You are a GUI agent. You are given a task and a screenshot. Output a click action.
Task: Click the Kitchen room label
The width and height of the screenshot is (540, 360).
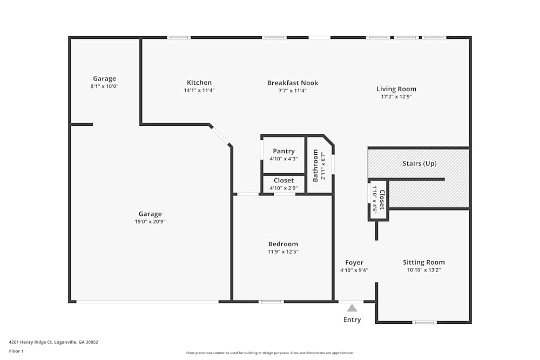click(199, 83)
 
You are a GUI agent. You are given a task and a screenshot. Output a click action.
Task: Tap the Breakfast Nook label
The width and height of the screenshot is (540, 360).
click(292, 83)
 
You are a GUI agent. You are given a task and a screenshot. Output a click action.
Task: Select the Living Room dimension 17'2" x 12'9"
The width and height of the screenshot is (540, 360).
click(396, 97)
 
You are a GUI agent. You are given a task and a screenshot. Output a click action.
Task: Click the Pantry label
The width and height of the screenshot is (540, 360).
click(283, 151)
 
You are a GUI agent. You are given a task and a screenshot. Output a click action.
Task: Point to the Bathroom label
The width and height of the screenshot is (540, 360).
click(316, 165)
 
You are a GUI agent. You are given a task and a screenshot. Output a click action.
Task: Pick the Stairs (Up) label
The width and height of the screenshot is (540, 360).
click(419, 164)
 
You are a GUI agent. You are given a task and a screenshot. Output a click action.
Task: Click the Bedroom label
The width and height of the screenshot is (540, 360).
click(283, 244)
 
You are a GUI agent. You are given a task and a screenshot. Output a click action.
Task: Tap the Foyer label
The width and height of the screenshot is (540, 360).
click(354, 263)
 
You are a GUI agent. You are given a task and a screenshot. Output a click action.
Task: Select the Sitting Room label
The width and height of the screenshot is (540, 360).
click(424, 262)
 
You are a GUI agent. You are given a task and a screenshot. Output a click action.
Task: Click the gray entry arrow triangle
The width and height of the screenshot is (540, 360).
click(352, 308)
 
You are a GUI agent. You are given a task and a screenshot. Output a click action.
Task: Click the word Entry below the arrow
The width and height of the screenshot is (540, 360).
click(352, 320)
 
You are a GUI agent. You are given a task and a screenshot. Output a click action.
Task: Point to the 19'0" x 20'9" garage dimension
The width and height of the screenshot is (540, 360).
click(150, 221)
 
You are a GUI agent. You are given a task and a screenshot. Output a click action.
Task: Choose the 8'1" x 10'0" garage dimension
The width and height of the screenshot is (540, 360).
click(104, 86)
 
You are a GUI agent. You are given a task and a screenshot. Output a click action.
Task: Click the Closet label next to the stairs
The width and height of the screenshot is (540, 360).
click(382, 200)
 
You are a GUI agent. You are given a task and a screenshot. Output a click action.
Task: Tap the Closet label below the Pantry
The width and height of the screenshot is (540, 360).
click(283, 180)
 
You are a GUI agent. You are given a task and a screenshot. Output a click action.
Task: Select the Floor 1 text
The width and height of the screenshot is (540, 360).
click(16, 351)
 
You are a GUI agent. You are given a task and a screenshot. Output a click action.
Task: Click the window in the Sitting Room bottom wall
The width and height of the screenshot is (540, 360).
click(424, 322)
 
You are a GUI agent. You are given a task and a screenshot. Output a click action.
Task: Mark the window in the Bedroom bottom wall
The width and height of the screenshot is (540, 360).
click(271, 301)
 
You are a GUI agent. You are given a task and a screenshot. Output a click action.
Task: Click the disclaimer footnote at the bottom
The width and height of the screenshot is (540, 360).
click(270, 353)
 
